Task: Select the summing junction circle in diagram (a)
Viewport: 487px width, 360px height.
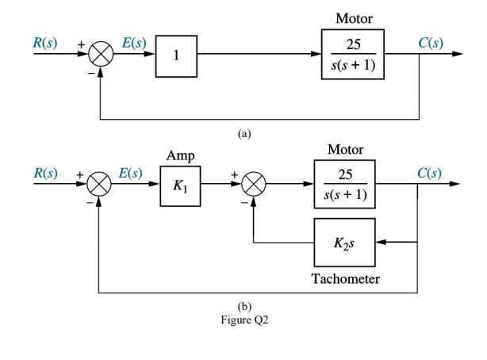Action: [100, 55]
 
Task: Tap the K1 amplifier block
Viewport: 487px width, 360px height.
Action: [179, 186]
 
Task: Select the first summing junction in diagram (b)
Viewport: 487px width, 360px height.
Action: [100, 186]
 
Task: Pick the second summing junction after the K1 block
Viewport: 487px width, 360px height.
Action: [253, 186]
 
